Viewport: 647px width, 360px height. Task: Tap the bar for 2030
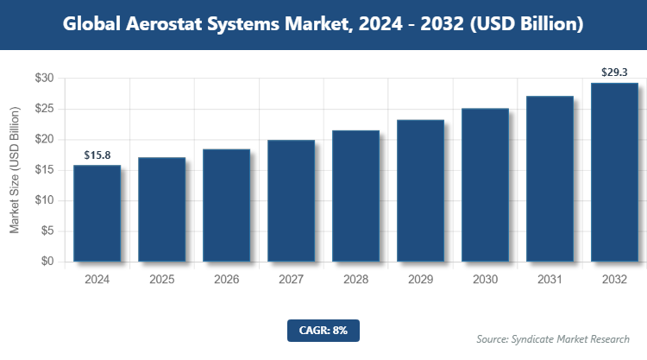pos(485,185)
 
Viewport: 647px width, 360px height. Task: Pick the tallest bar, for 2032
pos(614,172)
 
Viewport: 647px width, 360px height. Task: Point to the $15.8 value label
pos(97,155)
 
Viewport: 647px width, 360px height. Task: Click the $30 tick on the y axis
pos(44,79)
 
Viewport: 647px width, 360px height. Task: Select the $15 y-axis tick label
pos(44,170)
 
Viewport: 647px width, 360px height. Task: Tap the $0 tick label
pos(47,262)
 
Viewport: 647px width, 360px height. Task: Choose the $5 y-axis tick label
pos(47,231)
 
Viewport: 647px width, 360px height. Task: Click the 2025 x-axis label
pos(161,280)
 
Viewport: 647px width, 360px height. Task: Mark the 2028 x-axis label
pos(355,280)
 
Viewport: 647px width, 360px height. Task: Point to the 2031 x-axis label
pos(550,280)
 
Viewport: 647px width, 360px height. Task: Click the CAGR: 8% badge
pos(323,329)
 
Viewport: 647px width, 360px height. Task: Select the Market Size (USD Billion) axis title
pos(15,170)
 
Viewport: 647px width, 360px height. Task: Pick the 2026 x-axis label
pos(226,280)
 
